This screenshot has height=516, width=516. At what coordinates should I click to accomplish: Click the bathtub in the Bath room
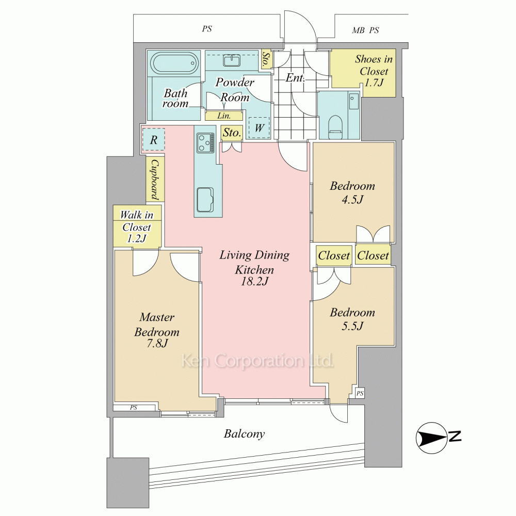[174, 63]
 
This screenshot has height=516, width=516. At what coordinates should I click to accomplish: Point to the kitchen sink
[205, 200]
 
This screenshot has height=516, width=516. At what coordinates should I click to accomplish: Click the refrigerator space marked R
[153, 140]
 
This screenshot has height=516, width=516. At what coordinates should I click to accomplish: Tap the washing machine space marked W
[260, 127]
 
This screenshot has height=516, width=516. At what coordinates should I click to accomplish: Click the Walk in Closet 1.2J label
[137, 227]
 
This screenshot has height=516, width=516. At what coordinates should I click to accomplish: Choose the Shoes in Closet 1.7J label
[374, 70]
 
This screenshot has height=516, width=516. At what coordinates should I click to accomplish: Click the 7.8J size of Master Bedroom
[157, 343]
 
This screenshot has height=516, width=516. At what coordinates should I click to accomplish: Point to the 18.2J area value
[254, 281]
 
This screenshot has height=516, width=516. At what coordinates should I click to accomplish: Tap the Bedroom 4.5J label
[352, 192]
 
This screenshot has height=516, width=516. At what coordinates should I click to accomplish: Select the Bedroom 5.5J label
[352, 319]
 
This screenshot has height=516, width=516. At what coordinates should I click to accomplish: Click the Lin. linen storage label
[224, 116]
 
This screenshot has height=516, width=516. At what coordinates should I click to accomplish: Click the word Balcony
[244, 434]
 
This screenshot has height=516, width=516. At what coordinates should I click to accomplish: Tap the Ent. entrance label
[295, 78]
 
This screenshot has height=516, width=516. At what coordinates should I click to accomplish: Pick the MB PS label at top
[365, 30]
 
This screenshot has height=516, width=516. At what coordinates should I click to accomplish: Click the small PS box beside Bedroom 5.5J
[360, 393]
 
